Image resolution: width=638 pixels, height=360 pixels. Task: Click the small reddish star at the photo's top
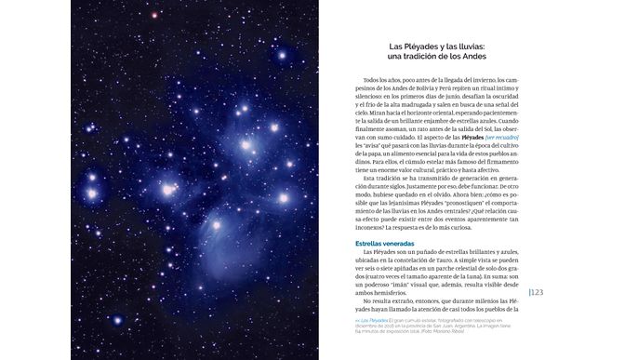pos(154,15)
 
